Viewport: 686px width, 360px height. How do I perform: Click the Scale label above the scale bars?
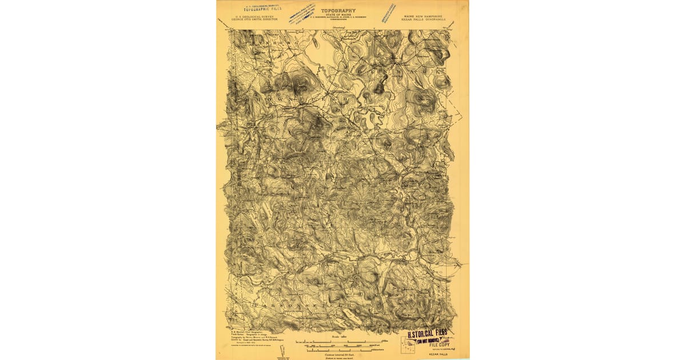(x=338, y=337)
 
